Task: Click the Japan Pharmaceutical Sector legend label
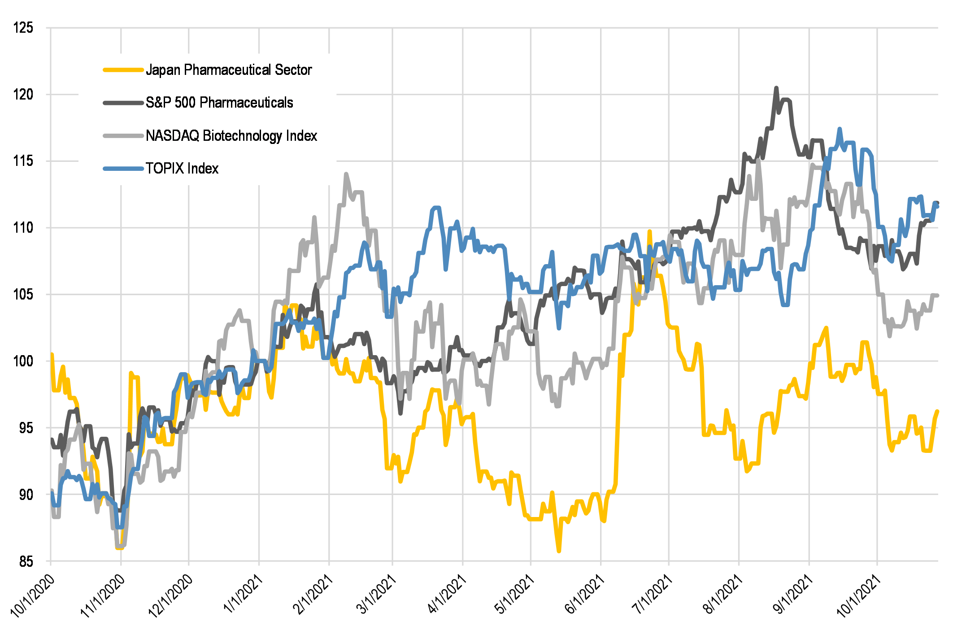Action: point(229,70)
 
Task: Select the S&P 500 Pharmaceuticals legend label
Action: point(219,103)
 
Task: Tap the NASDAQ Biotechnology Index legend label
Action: point(231,135)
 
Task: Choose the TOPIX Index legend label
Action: point(182,169)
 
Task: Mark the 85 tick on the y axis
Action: point(25,561)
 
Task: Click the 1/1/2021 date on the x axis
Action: point(243,594)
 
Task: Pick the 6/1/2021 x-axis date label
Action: point(584,594)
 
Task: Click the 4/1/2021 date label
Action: point(446,594)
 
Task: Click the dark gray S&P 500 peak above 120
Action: point(776,88)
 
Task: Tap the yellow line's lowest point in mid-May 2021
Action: point(559,551)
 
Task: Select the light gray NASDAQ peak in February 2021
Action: point(346,174)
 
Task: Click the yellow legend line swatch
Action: point(123,70)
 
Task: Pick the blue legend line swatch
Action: point(123,169)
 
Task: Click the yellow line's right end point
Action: point(937,411)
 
